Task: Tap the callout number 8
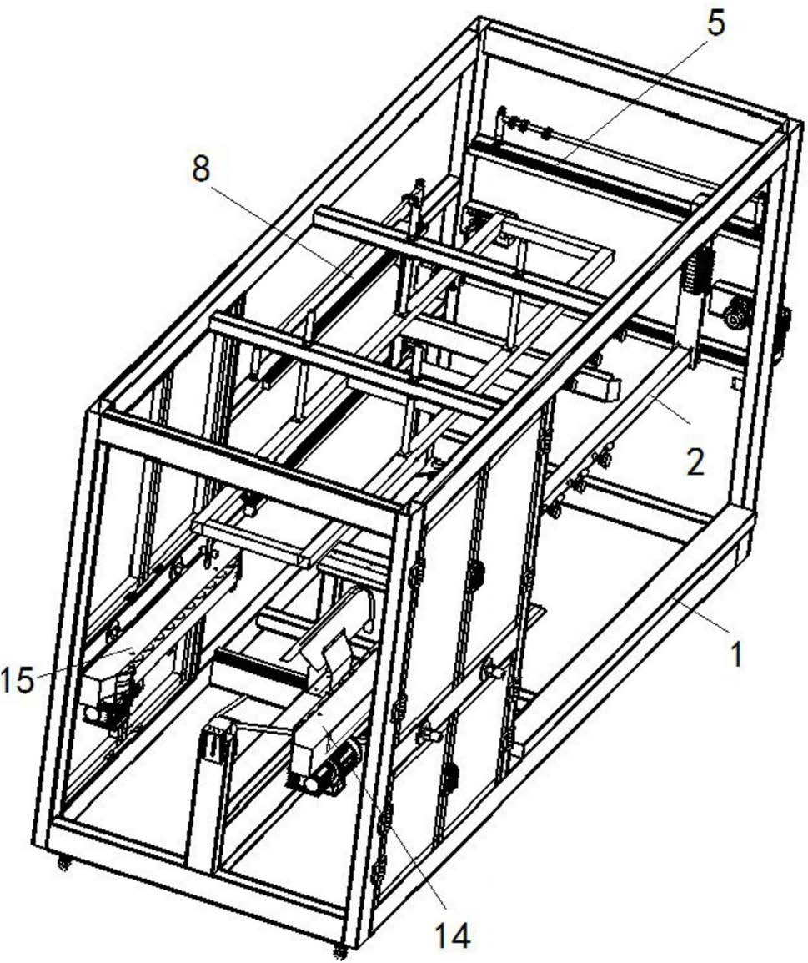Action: point(200,170)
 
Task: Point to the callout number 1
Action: point(735,653)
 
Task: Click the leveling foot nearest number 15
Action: point(63,864)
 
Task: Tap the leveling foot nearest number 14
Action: point(339,950)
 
